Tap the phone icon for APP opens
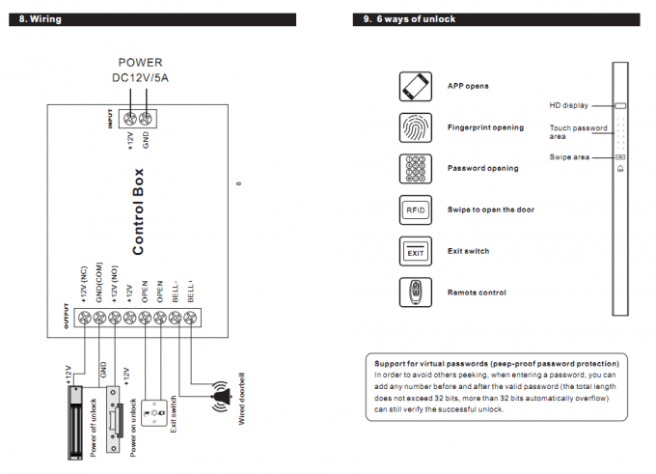[x=416, y=86]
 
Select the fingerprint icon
[x=416, y=127]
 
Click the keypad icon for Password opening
[x=416, y=168]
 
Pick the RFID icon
[x=416, y=209]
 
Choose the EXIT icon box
[x=416, y=251]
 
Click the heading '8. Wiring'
[x=40, y=18]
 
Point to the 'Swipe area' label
[x=568, y=156]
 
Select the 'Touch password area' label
[x=578, y=131]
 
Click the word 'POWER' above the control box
[x=140, y=62]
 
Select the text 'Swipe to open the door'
[x=491, y=209]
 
